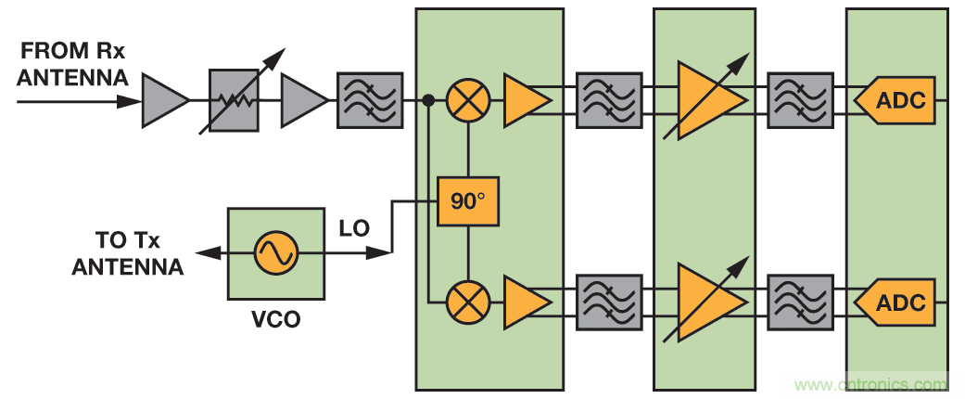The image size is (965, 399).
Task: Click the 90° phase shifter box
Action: tap(468, 200)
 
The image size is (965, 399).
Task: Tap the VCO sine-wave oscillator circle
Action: tap(276, 252)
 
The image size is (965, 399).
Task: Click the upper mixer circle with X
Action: tap(468, 100)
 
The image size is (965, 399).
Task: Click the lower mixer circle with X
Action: tap(468, 302)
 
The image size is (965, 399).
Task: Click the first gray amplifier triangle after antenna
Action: tap(163, 100)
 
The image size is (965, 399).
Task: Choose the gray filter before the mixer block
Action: tap(369, 100)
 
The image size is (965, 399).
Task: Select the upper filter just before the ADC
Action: tap(800, 100)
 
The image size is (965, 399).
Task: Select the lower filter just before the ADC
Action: tap(800, 302)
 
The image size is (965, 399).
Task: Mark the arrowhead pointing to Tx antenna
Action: tap(201, 252)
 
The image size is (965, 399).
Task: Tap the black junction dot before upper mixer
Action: tap(428, 99)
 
